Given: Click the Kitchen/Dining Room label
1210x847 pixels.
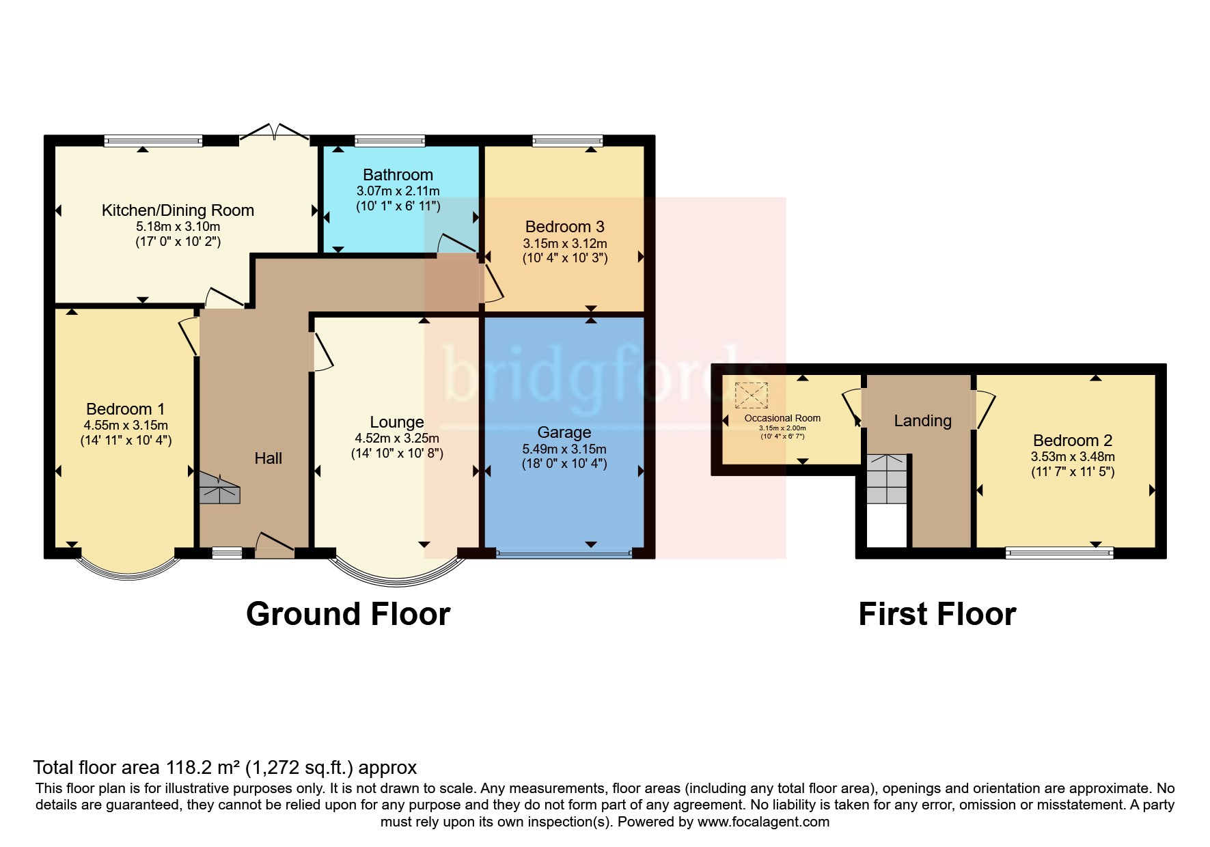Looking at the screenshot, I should pos(178,210).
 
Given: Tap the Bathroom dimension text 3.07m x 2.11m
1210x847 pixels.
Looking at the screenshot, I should pos(398,191).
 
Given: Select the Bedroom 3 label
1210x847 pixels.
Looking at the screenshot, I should pos(564,227).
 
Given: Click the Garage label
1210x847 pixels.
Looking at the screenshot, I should pos(564,432).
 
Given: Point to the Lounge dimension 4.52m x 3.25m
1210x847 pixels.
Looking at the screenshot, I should pos(397,439).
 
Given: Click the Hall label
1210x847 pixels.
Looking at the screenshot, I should pos(268,458).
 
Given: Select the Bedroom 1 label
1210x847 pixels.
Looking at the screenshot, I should pos(125,409).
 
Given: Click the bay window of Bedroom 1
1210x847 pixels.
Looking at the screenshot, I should pos(127,570).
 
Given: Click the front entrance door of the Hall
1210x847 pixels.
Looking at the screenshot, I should pos(275,546).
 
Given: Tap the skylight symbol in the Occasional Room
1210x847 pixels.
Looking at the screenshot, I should pos(751,395).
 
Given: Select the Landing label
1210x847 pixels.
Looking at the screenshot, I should pos(922,421).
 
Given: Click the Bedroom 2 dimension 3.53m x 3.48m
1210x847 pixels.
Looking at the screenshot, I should pos(1072,457).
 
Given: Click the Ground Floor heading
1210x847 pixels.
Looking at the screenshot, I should pos(348,614).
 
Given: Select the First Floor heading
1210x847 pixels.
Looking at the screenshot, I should pos(937,614).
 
